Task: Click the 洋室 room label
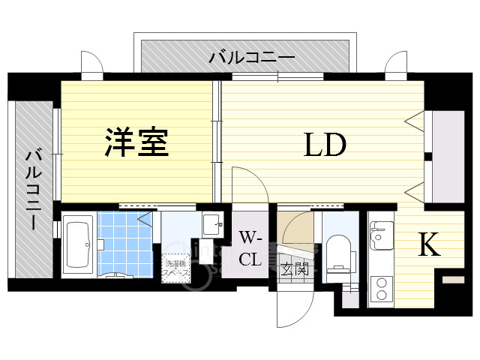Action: pos(136,142)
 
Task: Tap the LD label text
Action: pos(324,145)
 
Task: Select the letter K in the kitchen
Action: pos(428,245)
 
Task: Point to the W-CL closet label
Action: pos(250,248)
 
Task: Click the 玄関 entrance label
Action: pos(292,269)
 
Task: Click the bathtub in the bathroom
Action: pos(76,244)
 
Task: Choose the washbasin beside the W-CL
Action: pos(211,223)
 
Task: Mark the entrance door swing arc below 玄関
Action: pos(296,307)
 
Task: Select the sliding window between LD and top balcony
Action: pos(277,76)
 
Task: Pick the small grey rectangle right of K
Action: pos(453,280)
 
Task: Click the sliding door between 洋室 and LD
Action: pos(217,124)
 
